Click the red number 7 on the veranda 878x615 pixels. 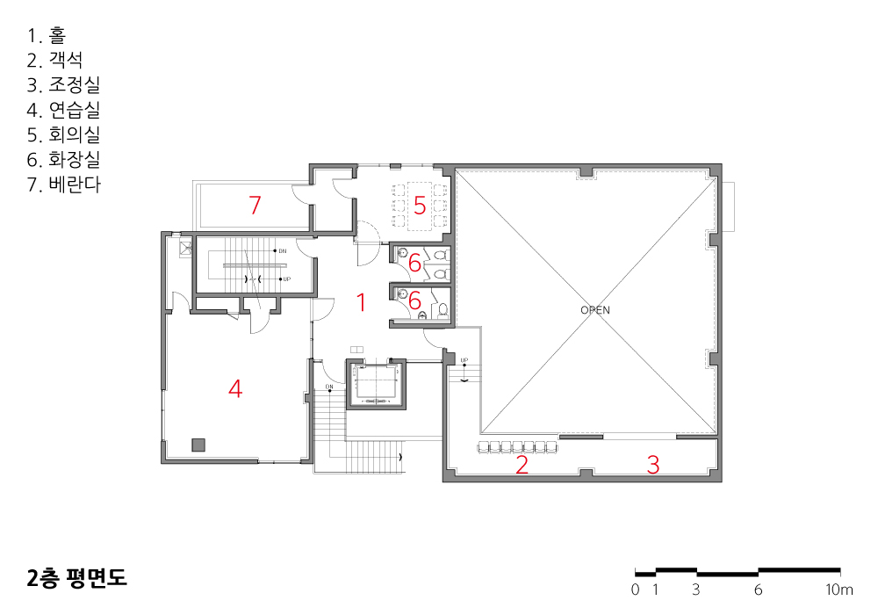[x=255, y=205]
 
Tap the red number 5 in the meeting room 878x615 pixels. [x=420, y=206]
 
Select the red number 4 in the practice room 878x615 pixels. [x=235, y=388]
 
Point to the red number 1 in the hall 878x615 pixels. [x=362, y=302]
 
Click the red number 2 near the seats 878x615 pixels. [x=522, y=465]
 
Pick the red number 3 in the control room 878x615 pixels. [x=653, y=465]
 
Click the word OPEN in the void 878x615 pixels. [x=595, y=310]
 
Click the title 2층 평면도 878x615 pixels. [x=77, y=578]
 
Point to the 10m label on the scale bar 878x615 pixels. [x=838, y=590]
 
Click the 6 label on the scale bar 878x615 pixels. [x=759, y=590]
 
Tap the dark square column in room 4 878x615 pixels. [x=198, y=445]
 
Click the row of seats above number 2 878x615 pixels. [x=517, y=447]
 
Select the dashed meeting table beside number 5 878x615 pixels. [x=420, y=206]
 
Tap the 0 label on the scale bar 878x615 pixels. [x=635, y=590]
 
